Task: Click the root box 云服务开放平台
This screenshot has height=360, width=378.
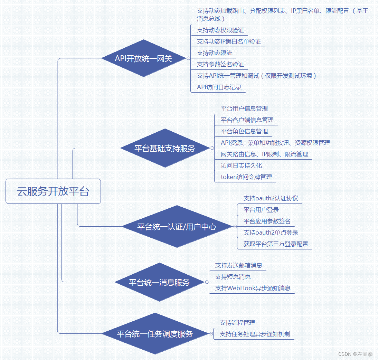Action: [53, 191]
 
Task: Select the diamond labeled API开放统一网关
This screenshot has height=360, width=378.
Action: [143, 58]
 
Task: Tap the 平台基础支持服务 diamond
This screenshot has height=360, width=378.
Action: [165, 148]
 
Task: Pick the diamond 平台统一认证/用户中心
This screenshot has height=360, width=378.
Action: [177, 227]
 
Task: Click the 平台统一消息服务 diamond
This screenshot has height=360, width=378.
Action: [159, 282]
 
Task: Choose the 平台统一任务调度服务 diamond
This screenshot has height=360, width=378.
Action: [154, 334]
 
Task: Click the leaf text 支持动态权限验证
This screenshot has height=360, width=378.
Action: [220, 30]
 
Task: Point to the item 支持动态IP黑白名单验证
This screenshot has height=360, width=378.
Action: [229, 41]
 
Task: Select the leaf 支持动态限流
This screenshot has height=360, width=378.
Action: [215, 53]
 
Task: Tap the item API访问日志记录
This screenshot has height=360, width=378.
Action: [219, 87]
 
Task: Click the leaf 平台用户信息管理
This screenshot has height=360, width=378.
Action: [244, 108]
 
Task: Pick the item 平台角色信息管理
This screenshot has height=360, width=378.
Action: [244, 131]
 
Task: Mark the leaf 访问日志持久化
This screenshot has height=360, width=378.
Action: [241, 165]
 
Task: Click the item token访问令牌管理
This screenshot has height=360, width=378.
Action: [246, 177]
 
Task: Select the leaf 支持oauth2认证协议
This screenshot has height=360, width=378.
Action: [271, 198]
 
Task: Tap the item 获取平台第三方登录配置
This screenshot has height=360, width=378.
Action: [276, 244]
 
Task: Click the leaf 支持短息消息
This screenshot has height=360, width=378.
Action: [233, 277]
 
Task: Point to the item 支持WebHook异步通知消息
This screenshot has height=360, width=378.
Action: [253, 288]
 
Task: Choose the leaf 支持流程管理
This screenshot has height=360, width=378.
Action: [237, 323]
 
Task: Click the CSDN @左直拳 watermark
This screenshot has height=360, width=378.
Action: [355, 354]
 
